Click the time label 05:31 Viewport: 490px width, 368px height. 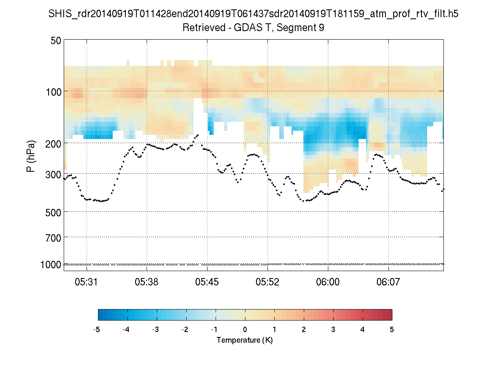87,282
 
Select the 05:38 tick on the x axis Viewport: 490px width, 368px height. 147,282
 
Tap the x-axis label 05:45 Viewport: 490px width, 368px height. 207,282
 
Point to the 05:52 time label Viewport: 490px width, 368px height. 267,282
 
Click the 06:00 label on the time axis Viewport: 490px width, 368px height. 328,282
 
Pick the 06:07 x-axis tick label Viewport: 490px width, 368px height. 388,282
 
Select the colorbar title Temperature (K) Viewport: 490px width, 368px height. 245,340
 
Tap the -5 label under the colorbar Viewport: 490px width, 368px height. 97,330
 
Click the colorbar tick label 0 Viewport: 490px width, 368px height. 245,330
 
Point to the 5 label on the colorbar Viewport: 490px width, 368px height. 392,330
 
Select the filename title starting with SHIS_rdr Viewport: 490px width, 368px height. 253,14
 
